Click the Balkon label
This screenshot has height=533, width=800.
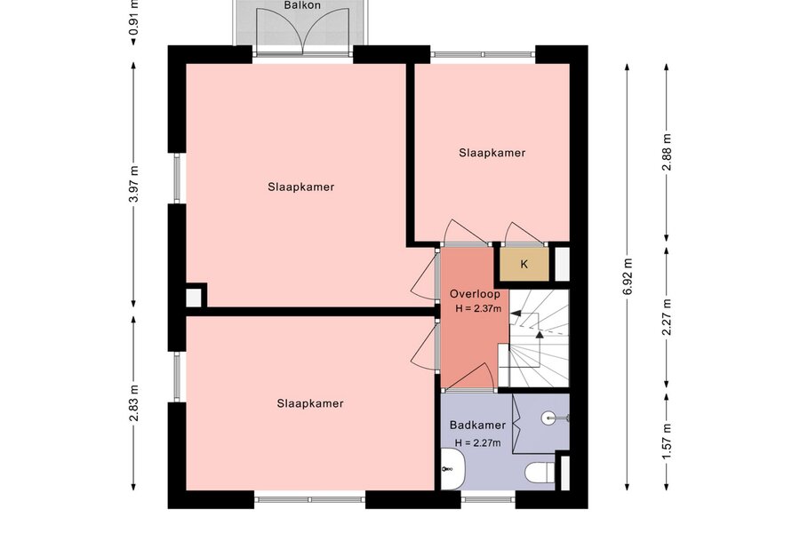pos(302,5)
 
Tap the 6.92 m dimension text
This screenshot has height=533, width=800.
pos(627,276)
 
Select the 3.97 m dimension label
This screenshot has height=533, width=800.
pos(133,184)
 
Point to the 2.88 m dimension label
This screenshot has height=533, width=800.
pos(667,153)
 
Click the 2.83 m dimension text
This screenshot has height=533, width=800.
pos(133,403)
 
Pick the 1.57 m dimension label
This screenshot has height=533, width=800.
pos(667,442)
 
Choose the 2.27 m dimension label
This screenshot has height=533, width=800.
pos(667,317)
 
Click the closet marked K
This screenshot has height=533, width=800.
pos(524,264)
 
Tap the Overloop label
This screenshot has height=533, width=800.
pos(475,294)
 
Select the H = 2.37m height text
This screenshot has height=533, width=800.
pos(478,308)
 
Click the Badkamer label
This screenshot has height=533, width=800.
pos(477,425)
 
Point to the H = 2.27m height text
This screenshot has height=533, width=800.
pos(477,442)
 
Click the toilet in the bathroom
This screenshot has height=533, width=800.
pos(540,473)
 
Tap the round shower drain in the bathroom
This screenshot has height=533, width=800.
pos(548,418)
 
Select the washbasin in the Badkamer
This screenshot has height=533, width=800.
pos(452,469)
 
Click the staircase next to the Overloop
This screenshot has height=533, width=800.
pos(539,338)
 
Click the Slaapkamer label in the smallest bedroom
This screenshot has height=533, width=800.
pos(492,153)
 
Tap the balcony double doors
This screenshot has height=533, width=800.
pos(304,32)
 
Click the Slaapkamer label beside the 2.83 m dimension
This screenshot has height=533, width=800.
pos(310,403)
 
